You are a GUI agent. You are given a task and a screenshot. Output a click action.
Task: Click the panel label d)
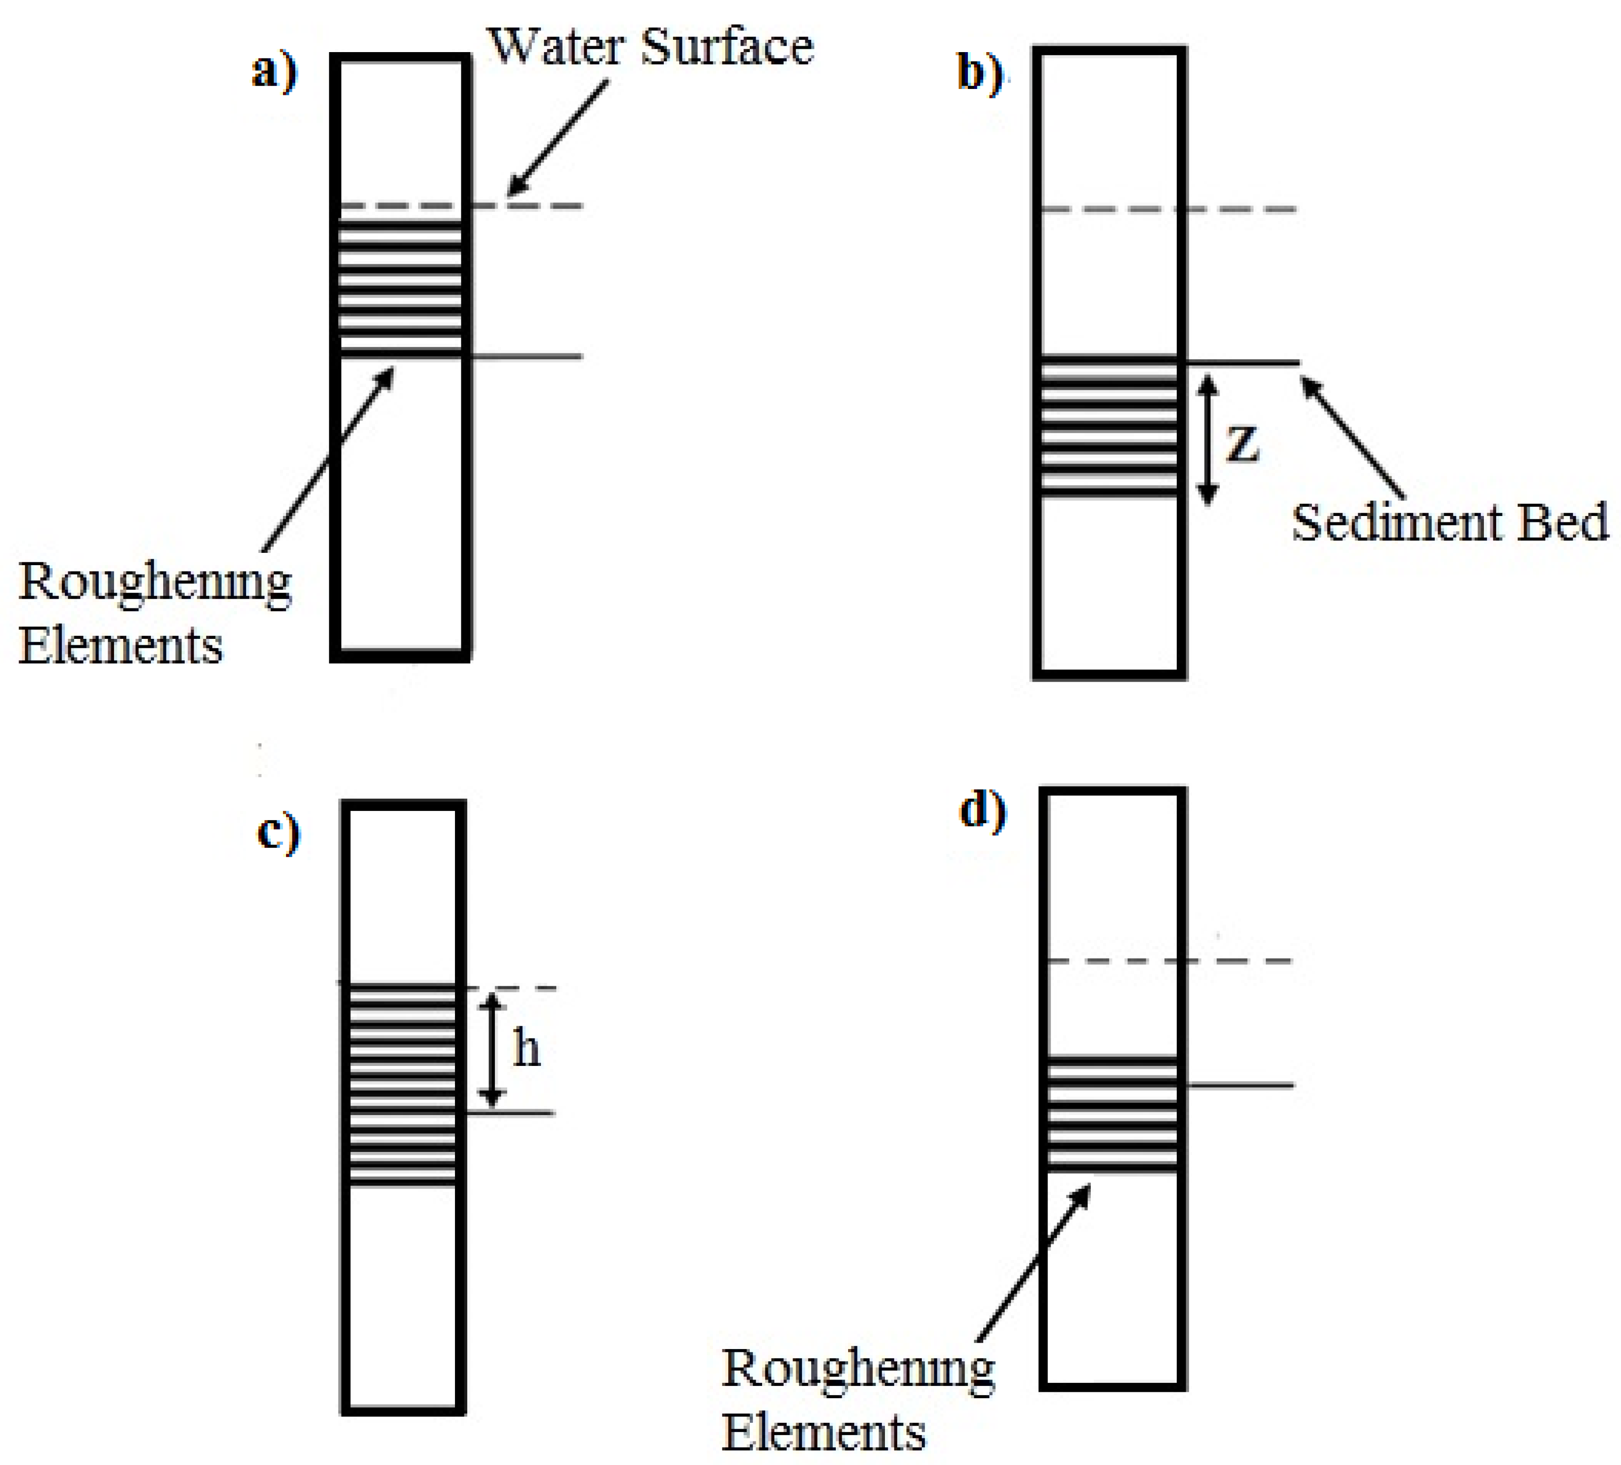click(x=983, y=810)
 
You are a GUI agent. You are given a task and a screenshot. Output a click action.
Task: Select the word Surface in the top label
click(x=728, y=47)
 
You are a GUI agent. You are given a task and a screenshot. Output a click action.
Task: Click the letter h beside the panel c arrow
click(x=527, y=1048)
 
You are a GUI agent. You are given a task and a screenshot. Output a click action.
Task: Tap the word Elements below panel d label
click(x=824, y=1433)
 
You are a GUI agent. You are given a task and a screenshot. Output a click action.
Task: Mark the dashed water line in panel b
click(x=1238, y=209)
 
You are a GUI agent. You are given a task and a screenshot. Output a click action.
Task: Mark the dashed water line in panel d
click(x=1238, y=961)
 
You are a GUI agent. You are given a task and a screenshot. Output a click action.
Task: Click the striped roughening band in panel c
click(x=402, y=1086)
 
